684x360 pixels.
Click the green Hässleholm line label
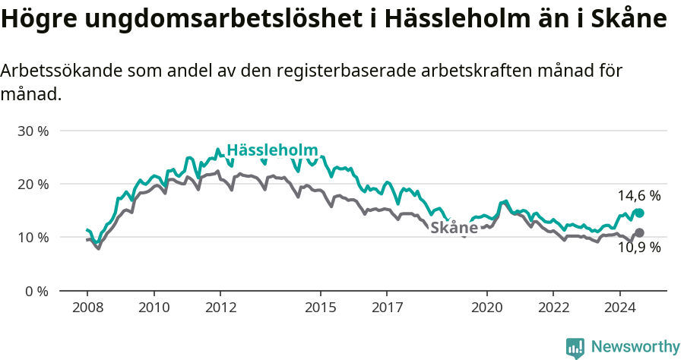(x=272, y=150)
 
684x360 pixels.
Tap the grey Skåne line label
(x=454, y=228)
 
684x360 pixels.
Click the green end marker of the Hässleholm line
(x=639, y=213)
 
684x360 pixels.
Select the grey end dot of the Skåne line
(x=639, y=232)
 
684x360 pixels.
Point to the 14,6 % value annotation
(x=639, y=196)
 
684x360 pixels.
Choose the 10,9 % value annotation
(x=639, y=248)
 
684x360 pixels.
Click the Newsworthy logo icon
(x=575, y=347)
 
